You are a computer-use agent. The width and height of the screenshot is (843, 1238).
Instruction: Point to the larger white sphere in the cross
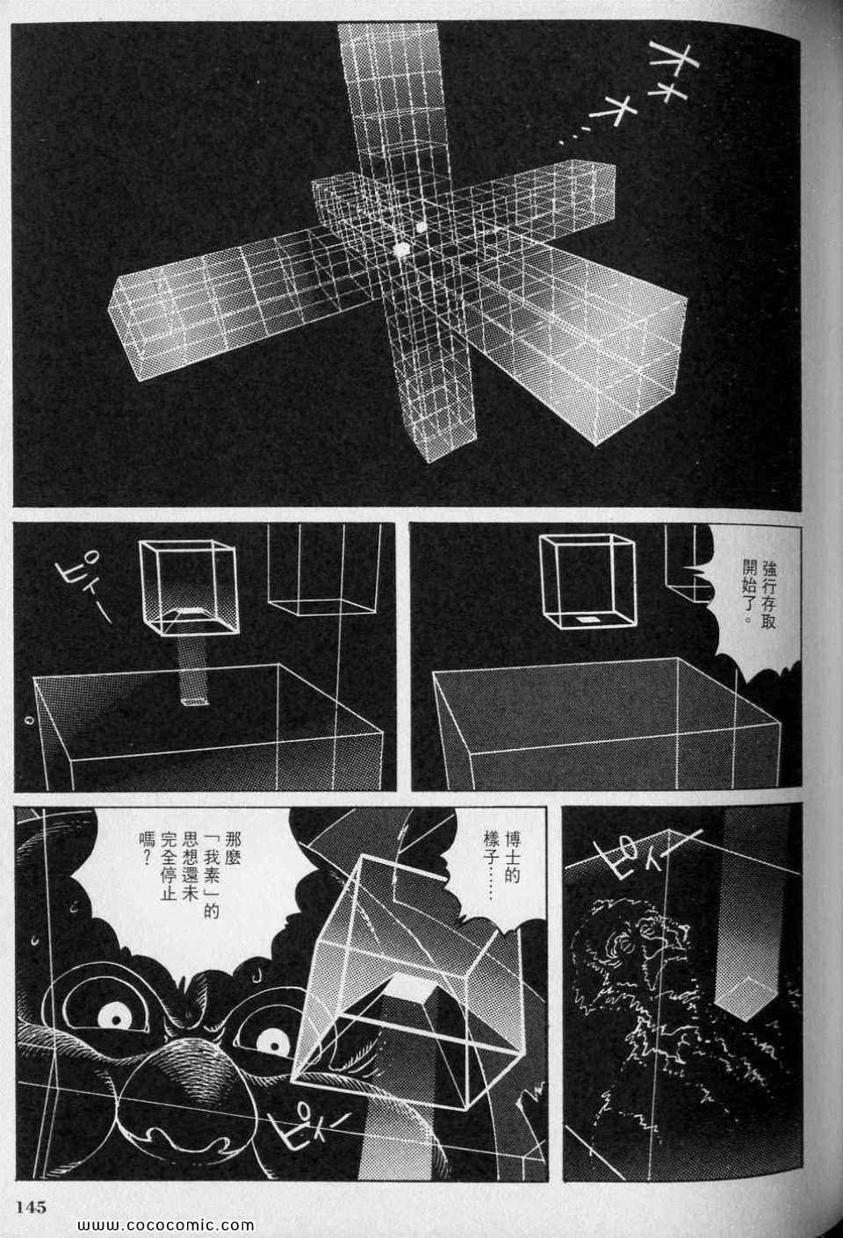pyautogui.click(x=402, y=250)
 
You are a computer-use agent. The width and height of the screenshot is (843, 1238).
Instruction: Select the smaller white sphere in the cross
pyautogui.click(x=422, y=227)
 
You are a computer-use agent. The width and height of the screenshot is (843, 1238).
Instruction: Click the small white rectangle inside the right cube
pyautogui.click(x=585, y=621)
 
